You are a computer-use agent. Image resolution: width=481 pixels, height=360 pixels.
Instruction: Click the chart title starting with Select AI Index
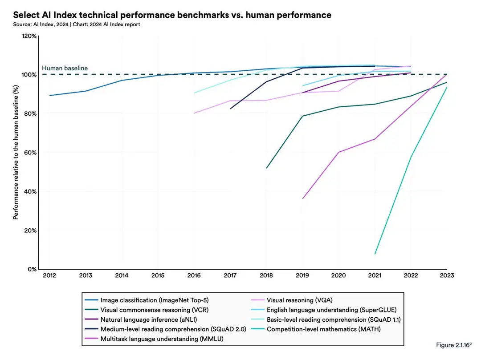point(172,15)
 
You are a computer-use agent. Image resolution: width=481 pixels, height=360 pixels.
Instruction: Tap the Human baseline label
point(65,68)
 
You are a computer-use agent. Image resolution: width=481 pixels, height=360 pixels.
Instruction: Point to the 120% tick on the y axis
point(29,36)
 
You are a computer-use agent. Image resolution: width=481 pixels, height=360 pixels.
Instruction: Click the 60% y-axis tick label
point(30,153)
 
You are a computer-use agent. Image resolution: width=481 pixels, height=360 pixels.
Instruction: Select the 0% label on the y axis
point(32,269)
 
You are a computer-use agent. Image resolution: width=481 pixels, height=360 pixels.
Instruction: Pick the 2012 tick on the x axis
point(49,275)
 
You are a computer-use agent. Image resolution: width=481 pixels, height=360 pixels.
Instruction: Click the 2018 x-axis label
point(266,275)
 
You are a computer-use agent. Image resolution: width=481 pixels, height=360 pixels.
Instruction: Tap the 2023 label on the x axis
point(447,275)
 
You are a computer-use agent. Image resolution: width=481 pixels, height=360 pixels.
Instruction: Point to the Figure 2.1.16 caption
point(454,345)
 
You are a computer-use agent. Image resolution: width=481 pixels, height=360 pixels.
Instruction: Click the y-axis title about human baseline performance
point(16,152)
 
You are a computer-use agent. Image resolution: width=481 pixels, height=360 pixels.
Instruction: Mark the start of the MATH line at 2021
point(375,254)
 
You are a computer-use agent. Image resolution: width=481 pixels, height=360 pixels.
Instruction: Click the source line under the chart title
point(77,24)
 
